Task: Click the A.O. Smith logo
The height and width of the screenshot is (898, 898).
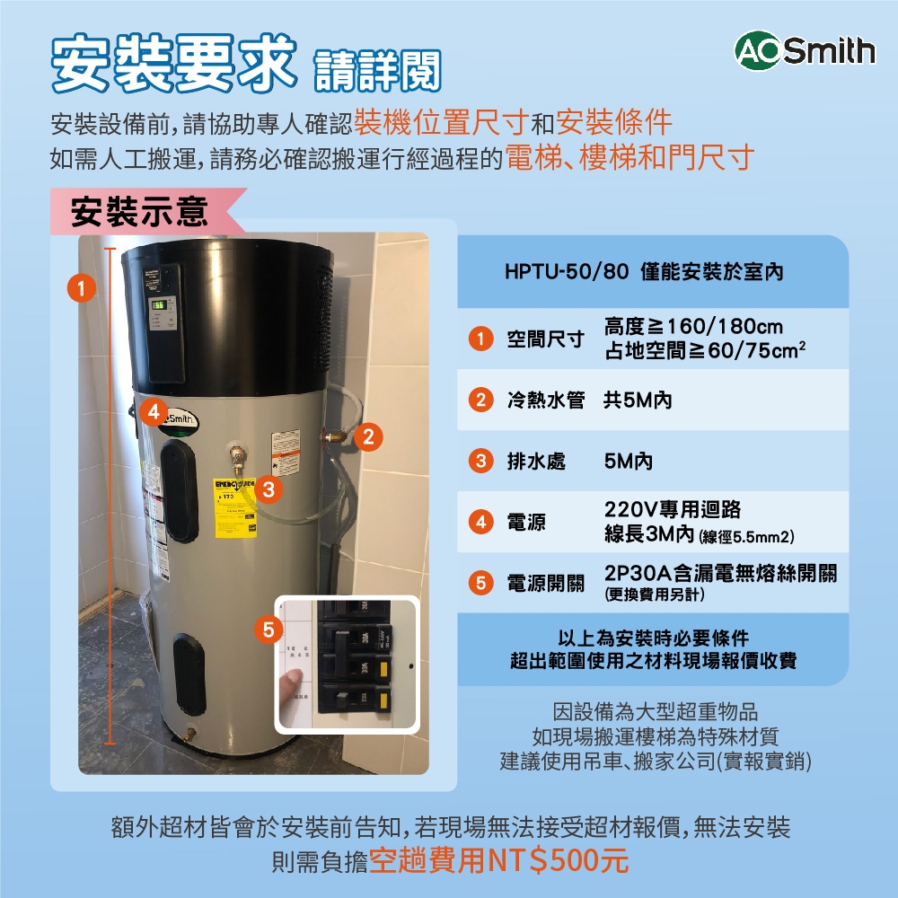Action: click(804, 50)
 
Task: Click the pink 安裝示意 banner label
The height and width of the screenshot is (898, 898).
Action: click(139, 211)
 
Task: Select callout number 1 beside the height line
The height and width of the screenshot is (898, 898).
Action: click(81, 289)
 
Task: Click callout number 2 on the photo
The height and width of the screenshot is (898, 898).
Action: click(365, 437)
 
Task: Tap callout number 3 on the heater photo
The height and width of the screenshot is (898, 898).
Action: click(269, 489)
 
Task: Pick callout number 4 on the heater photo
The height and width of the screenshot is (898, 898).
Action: click(154, 412)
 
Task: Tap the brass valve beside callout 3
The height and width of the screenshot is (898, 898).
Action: click(238, 460)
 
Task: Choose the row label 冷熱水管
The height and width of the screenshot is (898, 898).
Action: click(545, 401)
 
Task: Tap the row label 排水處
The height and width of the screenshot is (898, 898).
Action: click(536, 462)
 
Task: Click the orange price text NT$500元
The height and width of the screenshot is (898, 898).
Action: click(558, 861)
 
